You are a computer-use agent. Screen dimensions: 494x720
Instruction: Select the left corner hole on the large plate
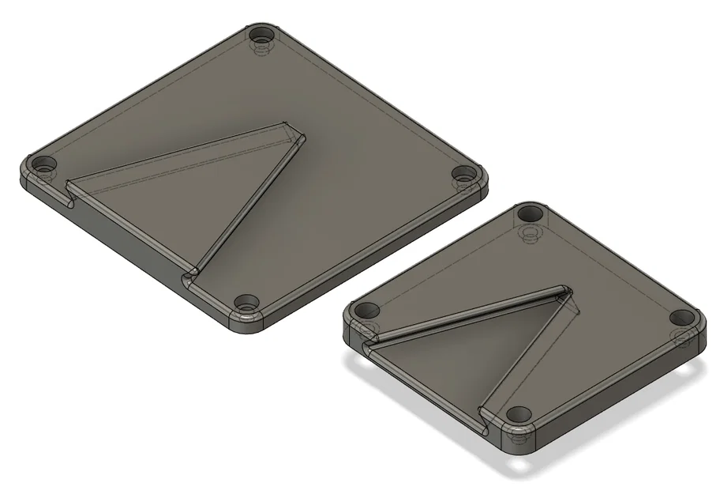44,166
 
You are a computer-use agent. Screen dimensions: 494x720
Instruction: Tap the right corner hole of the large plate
464,174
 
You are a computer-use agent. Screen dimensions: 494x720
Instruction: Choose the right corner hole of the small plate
681,318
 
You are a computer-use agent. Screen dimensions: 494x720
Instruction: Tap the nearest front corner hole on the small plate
518,414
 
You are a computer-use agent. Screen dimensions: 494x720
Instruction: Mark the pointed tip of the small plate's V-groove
565,292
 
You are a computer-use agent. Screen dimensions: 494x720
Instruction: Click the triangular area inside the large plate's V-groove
197,198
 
